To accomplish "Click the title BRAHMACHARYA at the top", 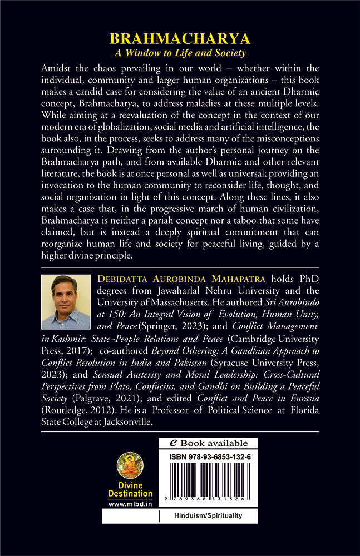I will point(180,39).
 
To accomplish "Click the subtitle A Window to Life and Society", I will point(180,53).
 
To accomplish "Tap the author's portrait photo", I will point(66,302).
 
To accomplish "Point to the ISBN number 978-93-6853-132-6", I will point(208,456).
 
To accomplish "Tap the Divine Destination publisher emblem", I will point(130,467).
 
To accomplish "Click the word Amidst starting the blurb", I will point(58,68).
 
